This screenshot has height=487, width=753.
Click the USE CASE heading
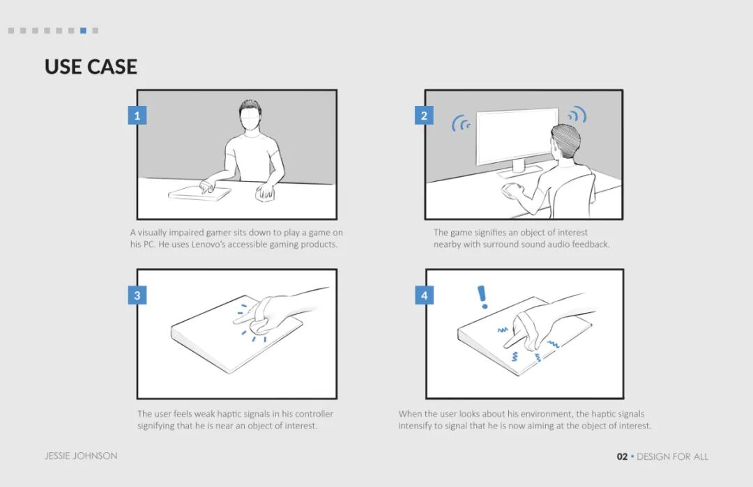point(91,67)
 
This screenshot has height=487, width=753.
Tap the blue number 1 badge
point(137,116)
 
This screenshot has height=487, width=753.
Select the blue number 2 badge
point(424,116)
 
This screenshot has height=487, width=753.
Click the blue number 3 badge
point(137,295)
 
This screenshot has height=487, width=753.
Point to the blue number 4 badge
point(424,295)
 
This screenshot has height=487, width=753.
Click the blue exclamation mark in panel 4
point(482,297)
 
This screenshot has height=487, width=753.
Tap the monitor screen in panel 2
point(517,136)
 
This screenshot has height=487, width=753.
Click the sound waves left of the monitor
point(461,123)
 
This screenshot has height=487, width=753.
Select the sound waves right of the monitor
point(577,115)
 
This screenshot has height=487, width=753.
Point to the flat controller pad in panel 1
point(199,194)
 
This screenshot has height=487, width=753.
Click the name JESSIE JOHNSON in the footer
point(81,456)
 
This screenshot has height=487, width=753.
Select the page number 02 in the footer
point(622,457)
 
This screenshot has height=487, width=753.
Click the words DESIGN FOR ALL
point(672,457)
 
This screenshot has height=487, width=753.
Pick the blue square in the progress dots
point(83,31)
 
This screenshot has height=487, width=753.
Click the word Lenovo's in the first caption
point(210,245)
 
